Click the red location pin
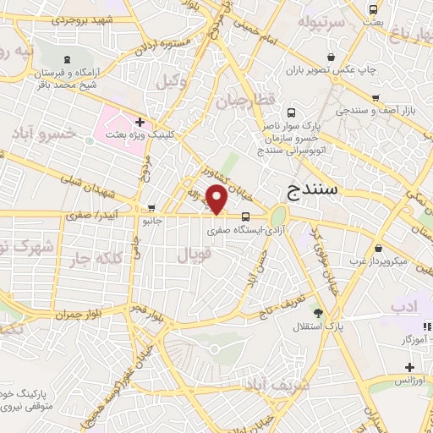[x=218, y=200]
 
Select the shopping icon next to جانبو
[x=151, y=207]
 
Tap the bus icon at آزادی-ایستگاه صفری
[x=245, y=215]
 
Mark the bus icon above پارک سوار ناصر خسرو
[x=292, y=112]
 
